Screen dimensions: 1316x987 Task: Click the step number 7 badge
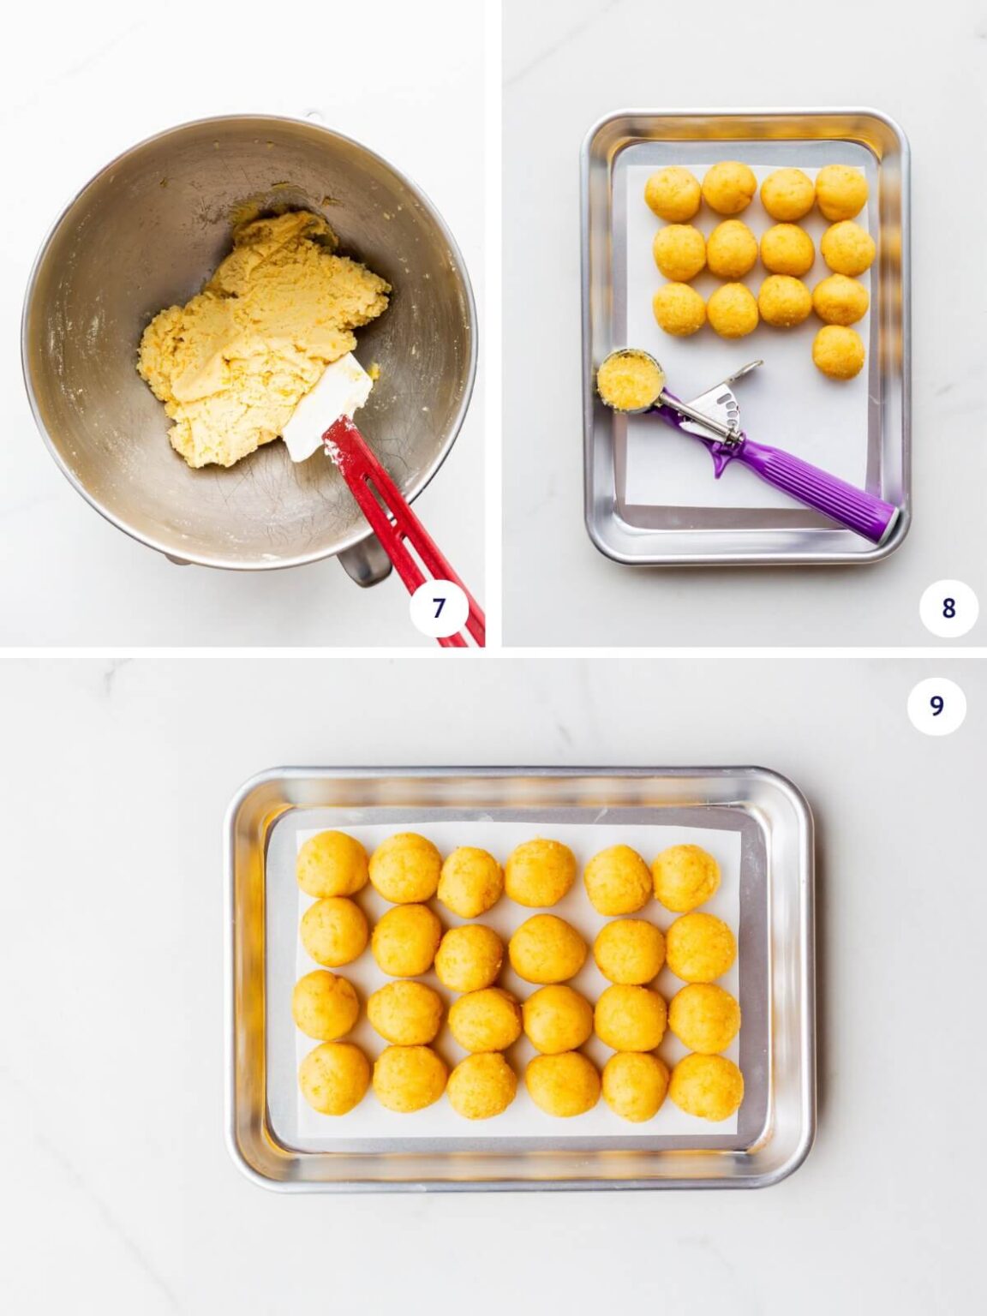tap(439, 607)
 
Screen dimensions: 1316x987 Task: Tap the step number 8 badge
tap(948, 607)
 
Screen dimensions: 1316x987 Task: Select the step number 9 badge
tap(936, 705)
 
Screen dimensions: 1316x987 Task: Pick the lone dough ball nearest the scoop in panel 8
tap(838, 350)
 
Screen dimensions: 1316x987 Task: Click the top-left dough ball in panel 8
tap(673, 193)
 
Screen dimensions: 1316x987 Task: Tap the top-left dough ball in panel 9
tap(332, 864)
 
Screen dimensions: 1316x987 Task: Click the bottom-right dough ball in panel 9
tap(705, 1086)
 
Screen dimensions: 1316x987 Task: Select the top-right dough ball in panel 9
tap(685, 877)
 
